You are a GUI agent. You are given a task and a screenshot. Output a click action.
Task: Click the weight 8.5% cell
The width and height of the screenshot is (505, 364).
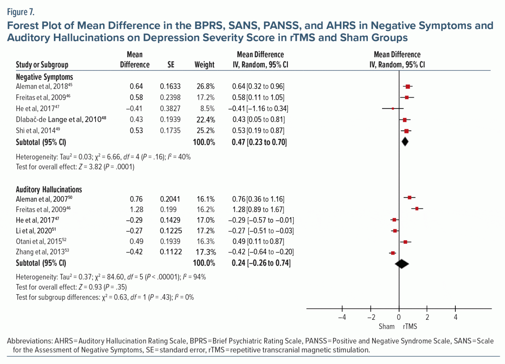(206, 109)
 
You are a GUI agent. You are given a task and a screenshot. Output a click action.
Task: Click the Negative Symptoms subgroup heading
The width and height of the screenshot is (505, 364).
(44, 77)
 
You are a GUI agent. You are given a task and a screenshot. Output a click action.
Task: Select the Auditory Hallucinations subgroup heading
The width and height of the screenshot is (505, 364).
(49, 189)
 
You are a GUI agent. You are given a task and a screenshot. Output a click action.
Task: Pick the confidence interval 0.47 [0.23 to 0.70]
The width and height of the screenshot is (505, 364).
(259, 142)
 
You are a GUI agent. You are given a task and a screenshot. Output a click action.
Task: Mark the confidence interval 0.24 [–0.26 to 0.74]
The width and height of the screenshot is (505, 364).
(260, 263)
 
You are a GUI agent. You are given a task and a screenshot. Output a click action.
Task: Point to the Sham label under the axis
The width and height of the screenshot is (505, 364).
(387, 327)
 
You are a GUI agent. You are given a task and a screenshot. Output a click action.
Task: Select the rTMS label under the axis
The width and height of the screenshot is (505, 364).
(410, 327)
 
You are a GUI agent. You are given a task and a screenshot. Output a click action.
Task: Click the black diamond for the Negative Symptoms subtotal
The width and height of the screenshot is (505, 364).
(405, 142)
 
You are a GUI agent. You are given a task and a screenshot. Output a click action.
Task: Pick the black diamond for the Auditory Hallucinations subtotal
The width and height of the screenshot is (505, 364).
(402, 263)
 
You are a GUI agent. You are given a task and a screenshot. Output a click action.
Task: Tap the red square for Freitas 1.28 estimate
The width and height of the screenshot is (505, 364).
(417, 209)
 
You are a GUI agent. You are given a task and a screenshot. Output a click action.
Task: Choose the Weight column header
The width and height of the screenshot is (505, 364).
(205, 65)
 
